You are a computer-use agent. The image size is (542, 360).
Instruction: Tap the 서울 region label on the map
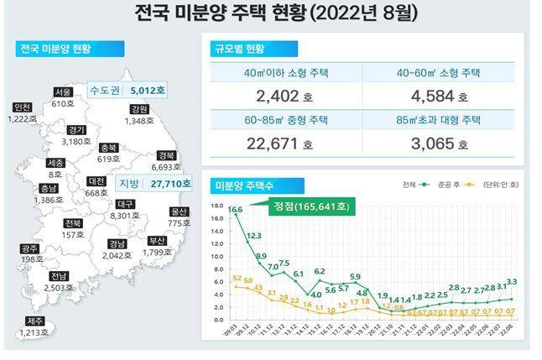pos(62,92)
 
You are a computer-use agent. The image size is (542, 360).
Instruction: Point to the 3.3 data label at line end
pos(511,282)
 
